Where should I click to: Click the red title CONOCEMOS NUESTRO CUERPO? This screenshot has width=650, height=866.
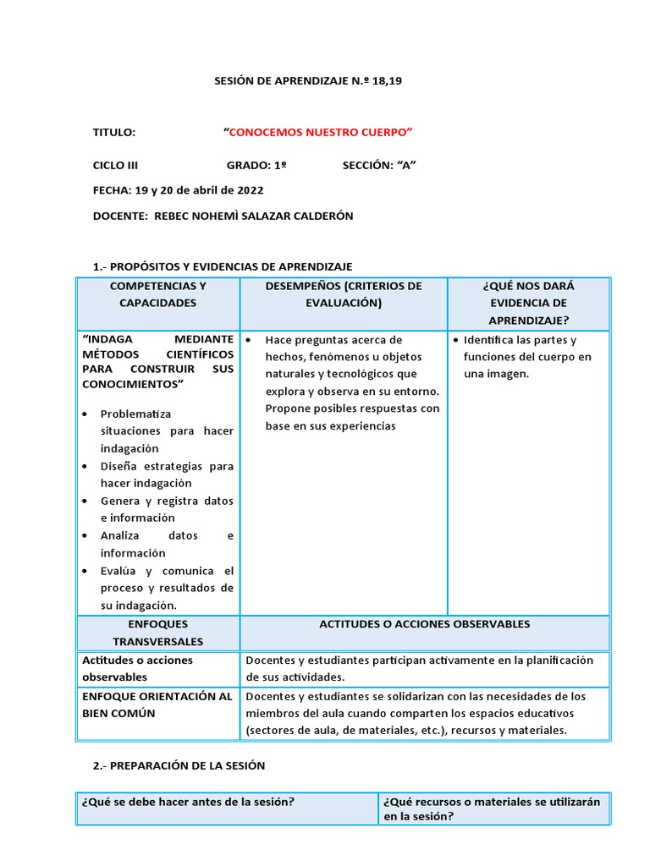[x=319, y=133]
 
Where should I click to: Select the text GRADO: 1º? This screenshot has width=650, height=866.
[x=256, y=166]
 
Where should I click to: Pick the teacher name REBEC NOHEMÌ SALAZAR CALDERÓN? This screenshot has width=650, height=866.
[x=253, y=216]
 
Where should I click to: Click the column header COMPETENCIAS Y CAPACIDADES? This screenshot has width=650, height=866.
[x=157, y=294]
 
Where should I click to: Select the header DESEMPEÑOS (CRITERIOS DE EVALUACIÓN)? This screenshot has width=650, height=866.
[x=343, y=294]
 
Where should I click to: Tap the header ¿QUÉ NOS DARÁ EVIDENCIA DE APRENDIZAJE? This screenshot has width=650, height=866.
[x=527, y=303]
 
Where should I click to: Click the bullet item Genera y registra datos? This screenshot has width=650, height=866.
[x=166, y=509]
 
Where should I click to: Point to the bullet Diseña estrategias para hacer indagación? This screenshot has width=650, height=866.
[x=166, y=474]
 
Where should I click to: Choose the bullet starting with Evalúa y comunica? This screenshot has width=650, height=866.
[x=166, y=588]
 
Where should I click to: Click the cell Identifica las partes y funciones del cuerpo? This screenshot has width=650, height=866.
[x=527, y=357]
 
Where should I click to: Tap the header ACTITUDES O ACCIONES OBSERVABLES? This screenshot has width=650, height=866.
[x=424, y=624]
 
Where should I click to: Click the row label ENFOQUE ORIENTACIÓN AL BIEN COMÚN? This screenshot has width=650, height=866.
[x=157, y=704]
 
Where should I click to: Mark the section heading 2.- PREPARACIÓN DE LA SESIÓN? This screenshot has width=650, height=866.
[x=179, y=765]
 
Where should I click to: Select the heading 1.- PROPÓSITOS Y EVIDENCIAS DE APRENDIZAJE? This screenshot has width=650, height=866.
[x=223, y=266]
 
